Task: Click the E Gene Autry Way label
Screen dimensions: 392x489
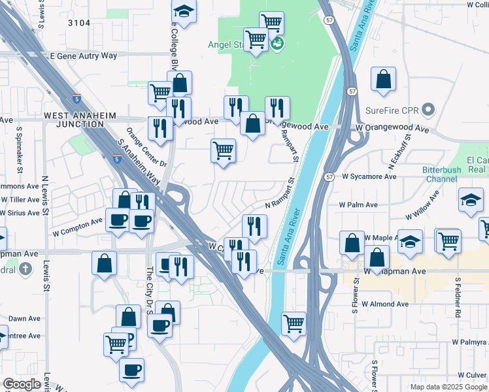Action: [84, 56]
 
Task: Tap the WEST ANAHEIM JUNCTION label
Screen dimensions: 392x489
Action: [80, 120]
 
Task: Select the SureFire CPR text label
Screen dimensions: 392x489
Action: [391, 109]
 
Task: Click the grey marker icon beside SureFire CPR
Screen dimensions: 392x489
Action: [428, 109]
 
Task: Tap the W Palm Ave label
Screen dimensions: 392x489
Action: [358, 204]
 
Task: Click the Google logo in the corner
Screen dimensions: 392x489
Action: [22, 384]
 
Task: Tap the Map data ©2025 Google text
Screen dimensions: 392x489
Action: [448, 387]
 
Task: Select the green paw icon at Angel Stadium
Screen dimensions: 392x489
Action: [277, 44]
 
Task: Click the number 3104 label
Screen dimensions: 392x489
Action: [78, 23]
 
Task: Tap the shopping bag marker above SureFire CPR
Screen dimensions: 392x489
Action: [383, 80]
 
